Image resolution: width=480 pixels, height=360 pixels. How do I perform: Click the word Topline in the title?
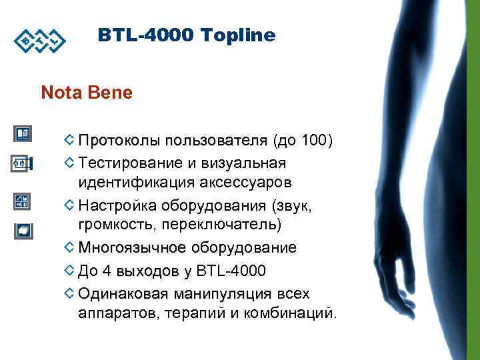[x=241, y=35]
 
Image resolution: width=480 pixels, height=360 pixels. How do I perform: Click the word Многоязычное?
[x=133, y=248]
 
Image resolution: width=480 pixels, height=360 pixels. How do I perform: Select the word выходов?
[x=147, y=271]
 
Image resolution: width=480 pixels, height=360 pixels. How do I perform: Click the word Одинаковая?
[x=123, y=294]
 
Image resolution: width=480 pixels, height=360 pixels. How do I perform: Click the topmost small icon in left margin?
[x=21, y=134]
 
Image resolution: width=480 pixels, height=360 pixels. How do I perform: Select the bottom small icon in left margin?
[x=21, y=230]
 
